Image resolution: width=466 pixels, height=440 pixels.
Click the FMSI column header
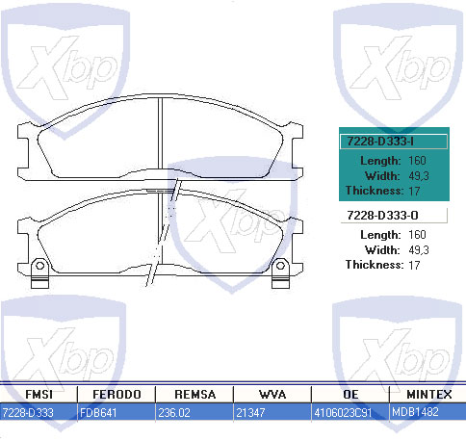click(39, 395)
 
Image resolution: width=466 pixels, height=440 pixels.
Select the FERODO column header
click(116, 395)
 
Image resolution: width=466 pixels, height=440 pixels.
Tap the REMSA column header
click(194, 395)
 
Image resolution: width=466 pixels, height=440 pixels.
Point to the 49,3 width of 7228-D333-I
click(419, 175)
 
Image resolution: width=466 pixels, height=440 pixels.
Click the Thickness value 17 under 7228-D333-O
click(415, 264)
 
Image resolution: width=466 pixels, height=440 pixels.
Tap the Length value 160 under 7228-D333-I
click(417, 160)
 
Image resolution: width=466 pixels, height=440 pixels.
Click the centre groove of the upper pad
click(161, 135)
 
